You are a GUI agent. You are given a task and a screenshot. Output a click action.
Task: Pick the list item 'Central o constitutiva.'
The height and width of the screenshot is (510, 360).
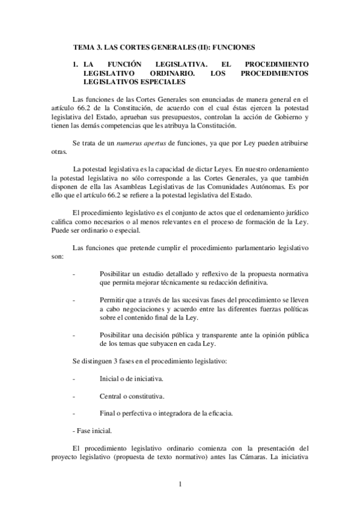[132, 396]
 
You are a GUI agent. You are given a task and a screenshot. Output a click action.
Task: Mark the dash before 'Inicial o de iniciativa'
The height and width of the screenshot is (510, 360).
[73, 379]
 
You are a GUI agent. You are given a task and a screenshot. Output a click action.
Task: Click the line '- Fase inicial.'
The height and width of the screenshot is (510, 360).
[91, 431]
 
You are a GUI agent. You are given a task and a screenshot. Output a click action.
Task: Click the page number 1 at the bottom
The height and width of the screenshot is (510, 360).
[180, 484]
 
